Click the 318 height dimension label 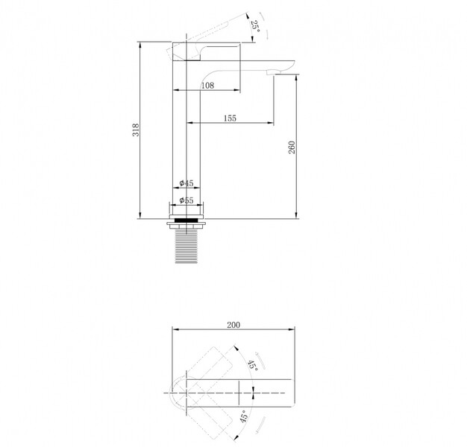coord(136,130)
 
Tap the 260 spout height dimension coord(292,148)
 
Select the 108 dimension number coord(207,86)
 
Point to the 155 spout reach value coord(230,118)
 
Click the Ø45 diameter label coord(187,183)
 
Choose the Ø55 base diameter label coord(187,200)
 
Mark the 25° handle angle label coord(255,27)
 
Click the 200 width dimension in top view coord(233,325)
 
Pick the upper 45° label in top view coord(253,365)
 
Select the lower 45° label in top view coord(244,416)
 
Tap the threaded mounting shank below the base coord(187,247)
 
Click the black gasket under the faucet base coord(187,221)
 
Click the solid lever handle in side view coord(205,51)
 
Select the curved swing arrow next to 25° coord(265,25)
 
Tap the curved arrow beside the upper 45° coord(262,361)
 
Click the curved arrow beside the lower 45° coord(261,425)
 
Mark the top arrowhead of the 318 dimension coord(140,45)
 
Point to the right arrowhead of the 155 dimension coord(271,122)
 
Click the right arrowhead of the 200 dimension coord(292,329)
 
